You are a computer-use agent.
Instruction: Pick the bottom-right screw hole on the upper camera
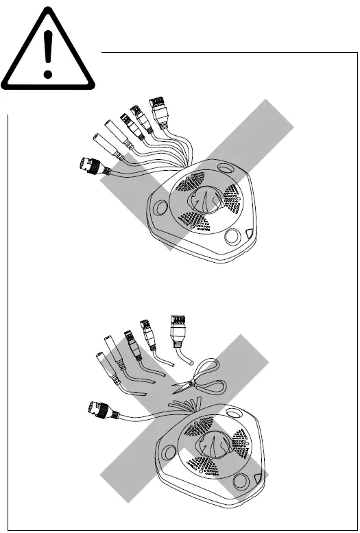click(235, 236)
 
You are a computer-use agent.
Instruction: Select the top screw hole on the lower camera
click(236, 413)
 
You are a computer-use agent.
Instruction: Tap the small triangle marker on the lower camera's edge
click(259, 481)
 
